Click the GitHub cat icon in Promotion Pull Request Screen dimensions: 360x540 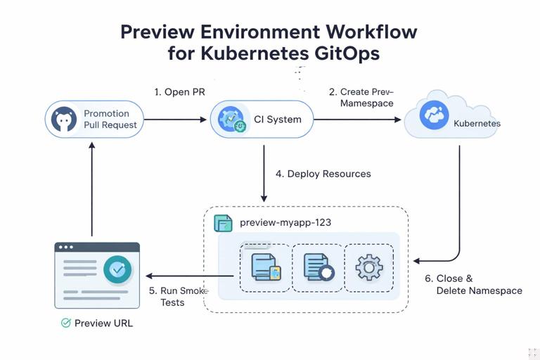(x=64, y=120)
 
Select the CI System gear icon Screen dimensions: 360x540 (x=231, y=120)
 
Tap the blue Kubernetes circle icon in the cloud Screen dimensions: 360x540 (x=435, y=115)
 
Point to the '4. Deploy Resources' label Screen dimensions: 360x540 (x=323, y=174)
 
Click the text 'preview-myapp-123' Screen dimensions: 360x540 (x=285, y=222)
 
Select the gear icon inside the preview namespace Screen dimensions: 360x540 (x=369, y=268)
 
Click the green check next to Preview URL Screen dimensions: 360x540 (x=66, y=323)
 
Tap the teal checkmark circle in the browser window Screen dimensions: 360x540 (x=117, y=269)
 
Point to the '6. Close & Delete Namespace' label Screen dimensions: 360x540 (x=474, y=285)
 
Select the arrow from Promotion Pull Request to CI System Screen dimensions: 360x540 (x=176, y=120)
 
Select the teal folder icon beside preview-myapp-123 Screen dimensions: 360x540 (x=223, y=223)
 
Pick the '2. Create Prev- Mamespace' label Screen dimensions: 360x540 (x=361, y=98)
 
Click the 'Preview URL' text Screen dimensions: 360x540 (x=104, y=323)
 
